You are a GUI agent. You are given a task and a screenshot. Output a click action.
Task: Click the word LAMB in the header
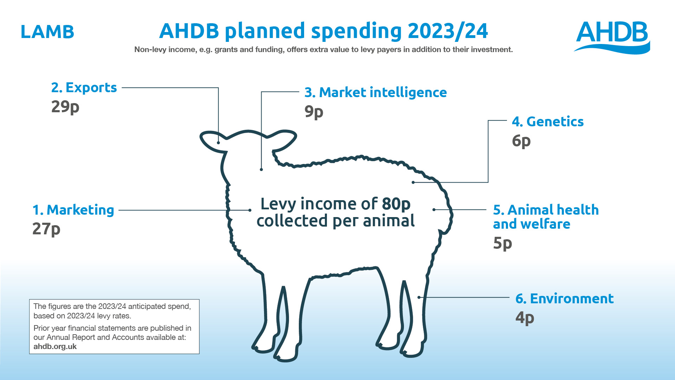[47, 32]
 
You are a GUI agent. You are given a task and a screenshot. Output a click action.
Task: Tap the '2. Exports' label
[84, 88]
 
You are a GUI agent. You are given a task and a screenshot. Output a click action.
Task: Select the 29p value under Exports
[65, 107]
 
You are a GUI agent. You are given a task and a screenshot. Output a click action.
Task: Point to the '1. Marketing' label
[73, 210]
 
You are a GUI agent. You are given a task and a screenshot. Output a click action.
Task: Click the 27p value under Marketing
[46, 229]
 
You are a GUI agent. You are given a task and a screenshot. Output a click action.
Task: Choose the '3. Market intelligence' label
[376, 93]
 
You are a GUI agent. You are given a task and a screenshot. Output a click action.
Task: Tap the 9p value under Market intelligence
[314, 112]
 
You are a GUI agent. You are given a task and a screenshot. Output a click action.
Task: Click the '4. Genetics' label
[548, 122]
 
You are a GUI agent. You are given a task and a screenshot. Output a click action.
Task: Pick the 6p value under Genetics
[521, 141]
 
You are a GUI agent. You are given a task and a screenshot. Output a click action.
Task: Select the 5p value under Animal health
[503, 243]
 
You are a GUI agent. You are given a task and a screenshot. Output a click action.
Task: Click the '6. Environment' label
[565, 299]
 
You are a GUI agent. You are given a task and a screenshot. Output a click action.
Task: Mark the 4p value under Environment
[525, 318]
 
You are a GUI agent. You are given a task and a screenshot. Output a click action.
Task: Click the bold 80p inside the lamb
[396, 204]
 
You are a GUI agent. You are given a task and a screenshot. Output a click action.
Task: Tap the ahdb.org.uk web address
[55, 347]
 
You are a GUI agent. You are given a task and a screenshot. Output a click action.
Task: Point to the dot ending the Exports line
[218, 142]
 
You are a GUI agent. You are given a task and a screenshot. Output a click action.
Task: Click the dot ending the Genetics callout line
[413, 182]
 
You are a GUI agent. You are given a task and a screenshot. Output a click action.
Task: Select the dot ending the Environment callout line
[419, 297]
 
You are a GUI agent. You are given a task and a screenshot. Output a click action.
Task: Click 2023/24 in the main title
[448, 31]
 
